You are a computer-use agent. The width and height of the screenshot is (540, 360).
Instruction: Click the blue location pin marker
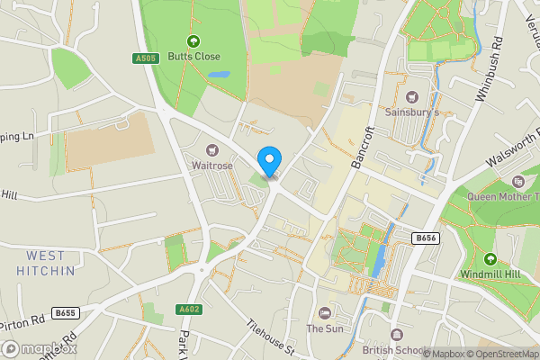click(268, 160)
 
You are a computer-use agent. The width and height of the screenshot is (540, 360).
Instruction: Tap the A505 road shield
click(145, 58)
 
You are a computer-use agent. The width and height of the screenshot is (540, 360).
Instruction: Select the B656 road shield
click(427, 238)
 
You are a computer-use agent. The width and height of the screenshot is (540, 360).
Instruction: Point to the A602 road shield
click(188, 310)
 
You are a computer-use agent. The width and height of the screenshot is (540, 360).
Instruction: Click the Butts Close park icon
click(193, 40)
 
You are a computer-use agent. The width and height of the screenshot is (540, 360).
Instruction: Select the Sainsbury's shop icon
click(412, 97)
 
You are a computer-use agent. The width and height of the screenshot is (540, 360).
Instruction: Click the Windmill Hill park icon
click(490, 259)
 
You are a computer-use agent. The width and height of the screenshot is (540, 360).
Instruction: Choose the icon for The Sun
click(325, 312)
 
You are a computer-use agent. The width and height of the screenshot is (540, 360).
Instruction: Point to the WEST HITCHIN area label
click(45, 263)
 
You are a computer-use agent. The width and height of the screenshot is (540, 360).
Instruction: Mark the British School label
click(393, 349)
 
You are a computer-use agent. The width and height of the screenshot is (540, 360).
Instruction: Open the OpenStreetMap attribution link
click(505, 354)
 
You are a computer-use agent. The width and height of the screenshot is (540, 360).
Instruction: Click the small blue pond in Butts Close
click(219, 75)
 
